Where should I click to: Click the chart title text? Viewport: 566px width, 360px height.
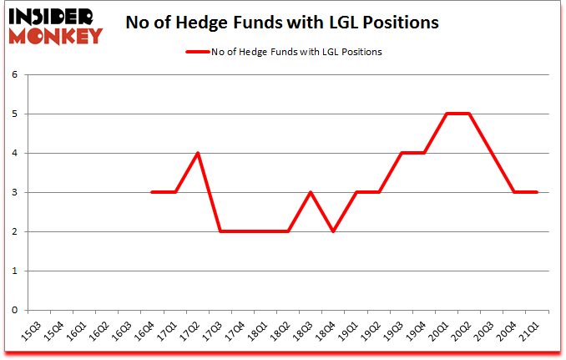tap(281, 23)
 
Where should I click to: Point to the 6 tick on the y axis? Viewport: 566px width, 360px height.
tap(15, 75)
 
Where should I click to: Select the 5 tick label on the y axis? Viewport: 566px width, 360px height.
tap(15, 114)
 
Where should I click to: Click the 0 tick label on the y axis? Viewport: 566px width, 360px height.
tap(15, 311)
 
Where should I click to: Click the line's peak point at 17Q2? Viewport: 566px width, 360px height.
tap(198, 153)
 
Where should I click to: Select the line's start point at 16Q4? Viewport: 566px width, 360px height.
tap(153, 192)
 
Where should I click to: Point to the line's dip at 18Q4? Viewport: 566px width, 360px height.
tap(332, 231)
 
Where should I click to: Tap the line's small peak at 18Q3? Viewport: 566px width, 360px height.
tap(310, 192)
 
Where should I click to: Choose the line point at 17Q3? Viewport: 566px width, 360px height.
tap(220, 231)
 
